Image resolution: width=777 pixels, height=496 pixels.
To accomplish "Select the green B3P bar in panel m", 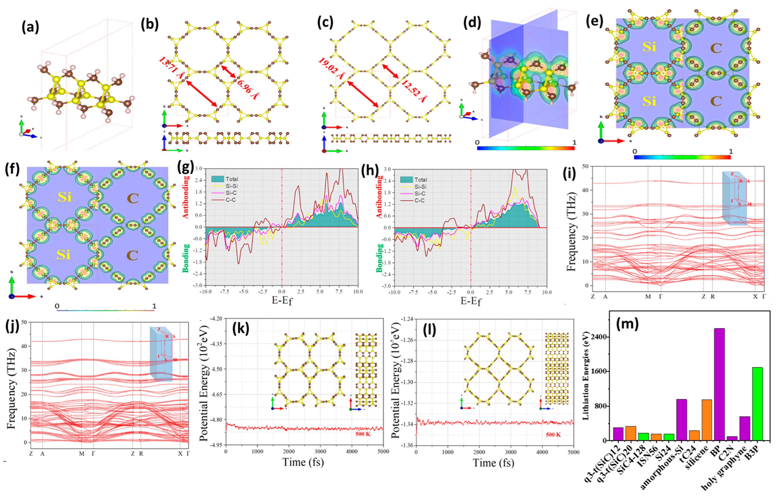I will pos(757,404).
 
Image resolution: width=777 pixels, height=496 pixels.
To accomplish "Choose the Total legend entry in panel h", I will pos(420,180).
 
